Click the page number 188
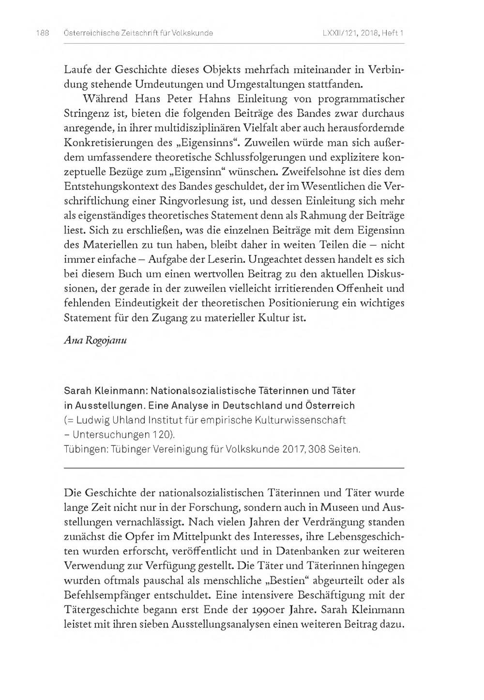click(x=42, y=33)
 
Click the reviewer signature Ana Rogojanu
click(x=95, y=340)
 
